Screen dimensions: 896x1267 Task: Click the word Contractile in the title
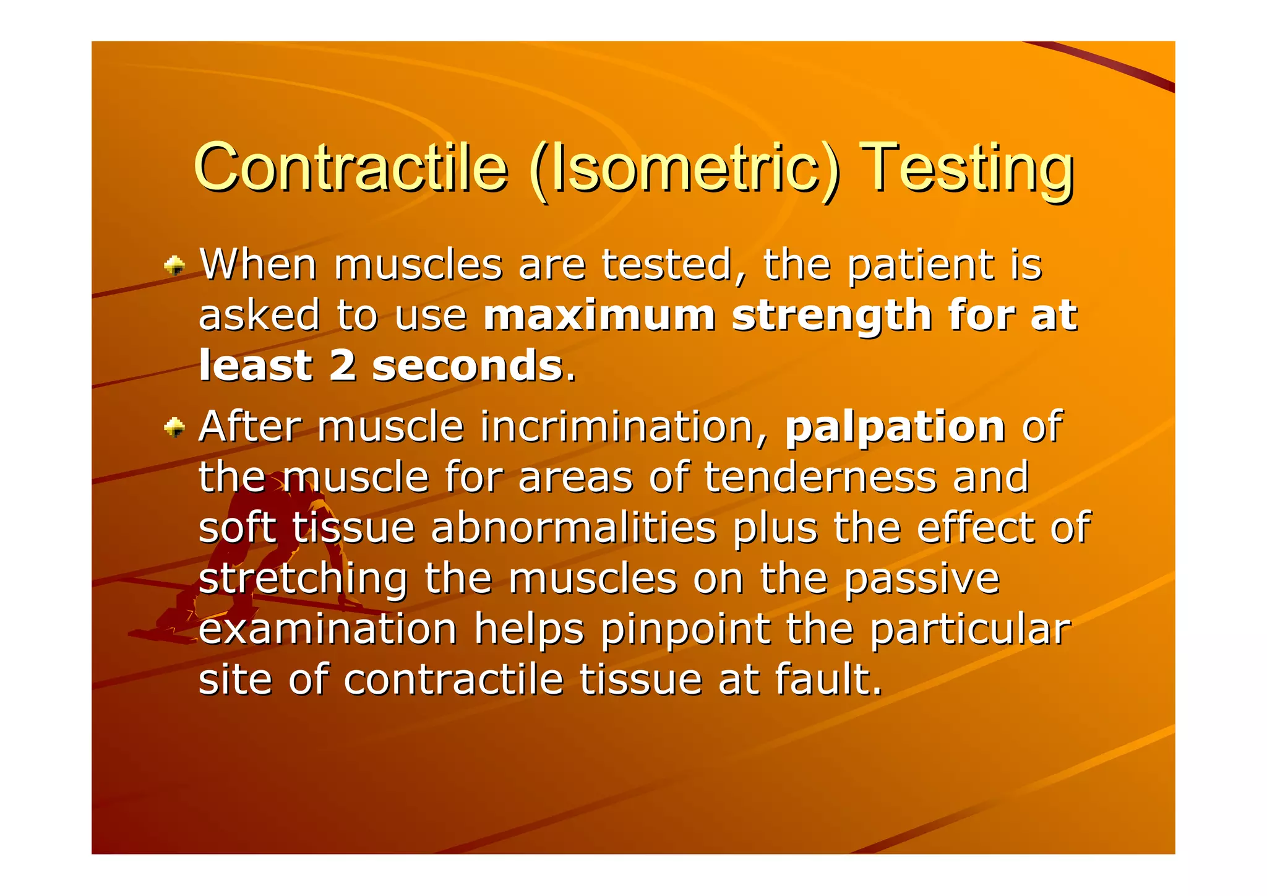350,168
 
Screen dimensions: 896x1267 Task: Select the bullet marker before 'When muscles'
174,266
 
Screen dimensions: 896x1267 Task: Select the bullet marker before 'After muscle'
174,428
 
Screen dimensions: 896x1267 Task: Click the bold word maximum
598,316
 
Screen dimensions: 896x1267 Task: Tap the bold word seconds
467,366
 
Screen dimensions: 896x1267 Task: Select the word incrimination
625,427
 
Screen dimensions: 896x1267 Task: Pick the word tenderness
820,478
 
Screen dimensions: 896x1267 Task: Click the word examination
328,629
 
